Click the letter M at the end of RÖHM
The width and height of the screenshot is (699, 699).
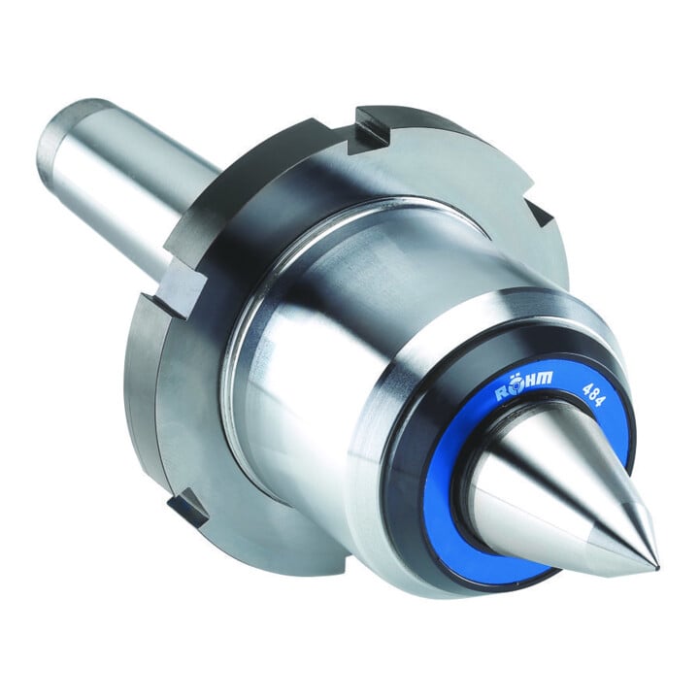point(545,379)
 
